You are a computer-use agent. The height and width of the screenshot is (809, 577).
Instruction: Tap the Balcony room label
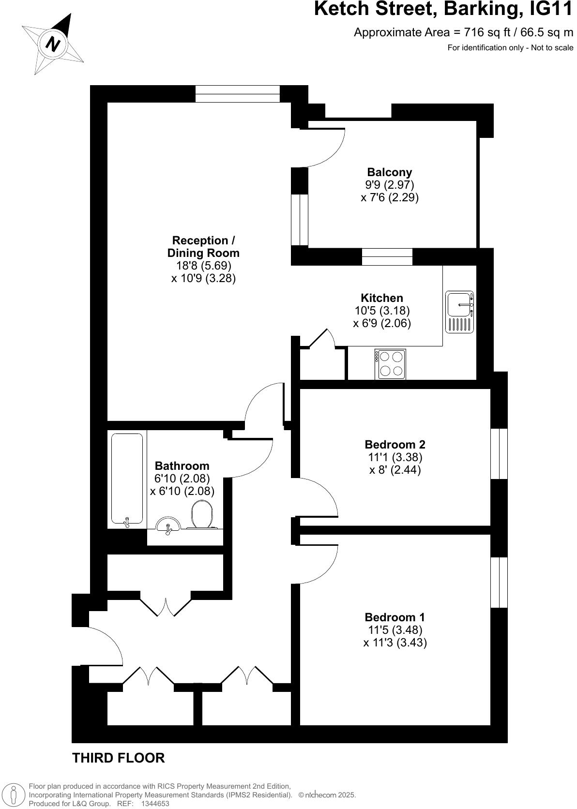click(389, 172)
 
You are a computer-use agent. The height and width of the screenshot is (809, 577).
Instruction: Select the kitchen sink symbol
click(459, 312)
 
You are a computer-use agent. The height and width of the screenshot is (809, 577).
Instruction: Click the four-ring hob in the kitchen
click(391, 364)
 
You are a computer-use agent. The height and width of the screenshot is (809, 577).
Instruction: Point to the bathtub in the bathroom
click(127, 478)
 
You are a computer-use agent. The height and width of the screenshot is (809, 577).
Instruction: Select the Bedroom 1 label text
click(395, 617)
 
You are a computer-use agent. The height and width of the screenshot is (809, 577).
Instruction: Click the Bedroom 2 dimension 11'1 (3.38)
click(395, 457)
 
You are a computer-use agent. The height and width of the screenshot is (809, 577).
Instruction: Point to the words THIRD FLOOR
click(119, 758)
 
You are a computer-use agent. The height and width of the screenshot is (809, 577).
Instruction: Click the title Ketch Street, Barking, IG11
click(443, 10)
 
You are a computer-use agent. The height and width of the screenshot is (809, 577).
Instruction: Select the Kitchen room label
click(382, 298)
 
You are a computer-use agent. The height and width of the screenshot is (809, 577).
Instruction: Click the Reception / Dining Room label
click(203, 247)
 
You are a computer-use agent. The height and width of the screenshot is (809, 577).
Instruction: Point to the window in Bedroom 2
click(499, 454)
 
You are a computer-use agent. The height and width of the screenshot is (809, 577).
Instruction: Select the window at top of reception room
click(237, 94)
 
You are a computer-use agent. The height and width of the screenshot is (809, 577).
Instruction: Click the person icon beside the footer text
click(14, 795)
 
